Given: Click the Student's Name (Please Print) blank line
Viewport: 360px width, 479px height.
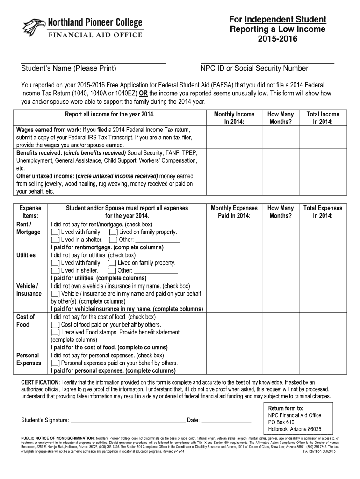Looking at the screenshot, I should click(94, 62).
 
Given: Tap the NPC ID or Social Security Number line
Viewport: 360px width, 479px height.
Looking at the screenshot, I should click(267, 62).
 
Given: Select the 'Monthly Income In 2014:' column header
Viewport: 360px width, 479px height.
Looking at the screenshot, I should click(234, 118).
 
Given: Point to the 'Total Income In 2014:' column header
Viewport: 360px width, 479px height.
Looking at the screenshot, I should click(323, 118).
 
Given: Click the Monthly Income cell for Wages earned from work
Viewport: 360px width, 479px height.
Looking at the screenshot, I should click(234, 137).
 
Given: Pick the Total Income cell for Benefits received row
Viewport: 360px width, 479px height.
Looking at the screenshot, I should click(323, 160).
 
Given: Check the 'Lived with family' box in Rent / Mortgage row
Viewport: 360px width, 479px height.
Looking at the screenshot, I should click(55, 232).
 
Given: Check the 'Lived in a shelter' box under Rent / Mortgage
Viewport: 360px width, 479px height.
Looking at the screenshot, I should click(55, 239).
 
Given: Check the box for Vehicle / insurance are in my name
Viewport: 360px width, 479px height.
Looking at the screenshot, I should click(55, 294).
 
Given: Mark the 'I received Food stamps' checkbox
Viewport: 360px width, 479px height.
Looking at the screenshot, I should click(55, 332).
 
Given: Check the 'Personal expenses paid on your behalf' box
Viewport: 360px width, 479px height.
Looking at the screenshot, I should click(55, 363).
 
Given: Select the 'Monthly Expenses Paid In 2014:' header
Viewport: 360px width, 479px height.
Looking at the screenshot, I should click(234, 212).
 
